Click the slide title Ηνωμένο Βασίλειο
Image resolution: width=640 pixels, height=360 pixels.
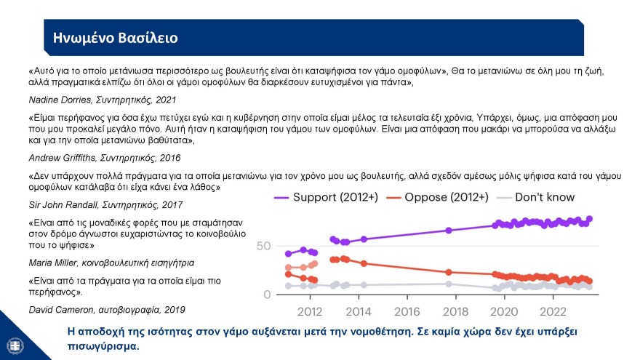pos(111,38)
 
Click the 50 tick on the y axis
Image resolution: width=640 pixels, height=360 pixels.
pos(264,247)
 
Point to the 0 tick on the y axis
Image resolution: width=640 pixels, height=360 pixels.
pos(268,295)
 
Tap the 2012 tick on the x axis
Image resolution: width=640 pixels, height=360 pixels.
pos(311,313)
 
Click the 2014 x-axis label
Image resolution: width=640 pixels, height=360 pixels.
pos(359,313)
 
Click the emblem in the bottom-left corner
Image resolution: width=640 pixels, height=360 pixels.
pos(15,343)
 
